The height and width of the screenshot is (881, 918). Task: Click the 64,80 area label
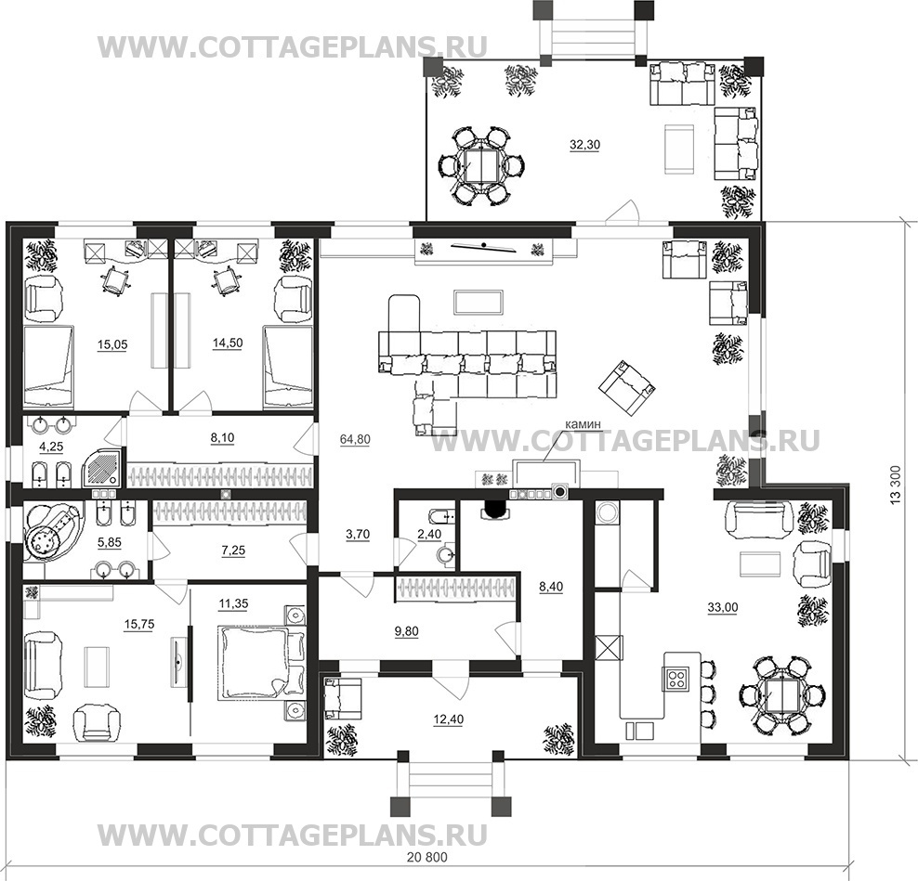click(x=355, y=439)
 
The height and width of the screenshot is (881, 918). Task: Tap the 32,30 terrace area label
click(x=584, y=145)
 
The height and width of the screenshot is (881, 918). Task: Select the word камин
click(x=584, y=424)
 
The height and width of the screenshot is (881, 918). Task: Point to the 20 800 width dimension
click(x=426, y=858)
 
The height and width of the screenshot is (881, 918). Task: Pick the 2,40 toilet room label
click(x=429, y=534)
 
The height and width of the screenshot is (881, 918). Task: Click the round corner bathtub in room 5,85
click(x=51, y=533)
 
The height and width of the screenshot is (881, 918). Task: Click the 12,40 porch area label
click(x=449, y=719)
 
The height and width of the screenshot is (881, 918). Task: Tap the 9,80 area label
click(x=406, y=631)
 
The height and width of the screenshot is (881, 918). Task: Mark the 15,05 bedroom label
click(x=111, y=344)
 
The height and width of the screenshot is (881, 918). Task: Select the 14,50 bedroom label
click(x=227, y=343)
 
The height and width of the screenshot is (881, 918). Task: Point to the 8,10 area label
click(x=221, y=437)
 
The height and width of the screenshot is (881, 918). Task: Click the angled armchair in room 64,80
click(x=626, y=388)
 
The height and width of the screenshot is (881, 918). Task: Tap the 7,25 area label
click(x=233, y=550)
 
